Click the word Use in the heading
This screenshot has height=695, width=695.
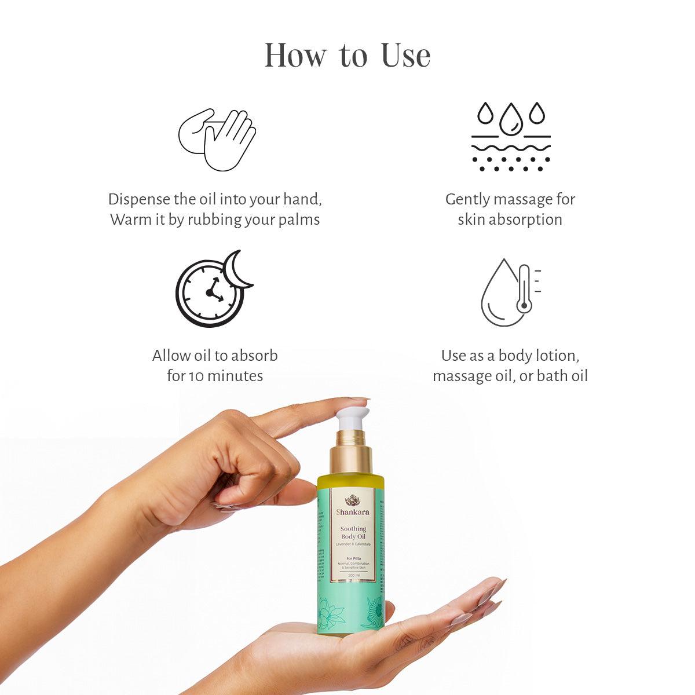pos(405,56)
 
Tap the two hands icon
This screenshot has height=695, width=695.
pos(217,139)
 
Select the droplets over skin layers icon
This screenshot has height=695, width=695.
pos(510,137)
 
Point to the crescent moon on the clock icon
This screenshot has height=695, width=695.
pos(238,269)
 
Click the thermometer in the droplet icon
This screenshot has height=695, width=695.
pos(524,289)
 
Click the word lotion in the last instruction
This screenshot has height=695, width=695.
pos(555,356)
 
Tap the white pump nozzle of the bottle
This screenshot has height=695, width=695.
pos(352,418)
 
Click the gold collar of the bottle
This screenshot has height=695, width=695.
pos(350,458)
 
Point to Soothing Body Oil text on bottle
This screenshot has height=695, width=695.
pos(352,533)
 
